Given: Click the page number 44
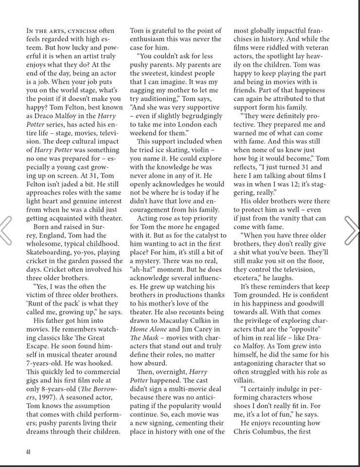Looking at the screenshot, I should click(28, 451).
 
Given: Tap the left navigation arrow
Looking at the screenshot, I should click(6, 229).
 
